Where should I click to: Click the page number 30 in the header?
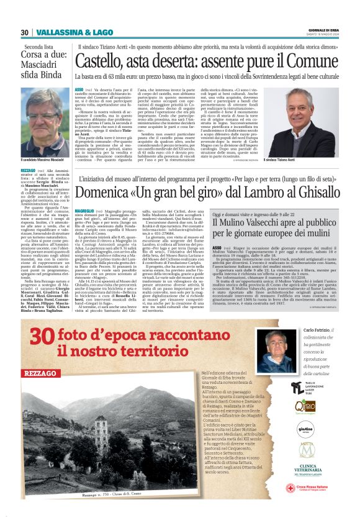[25, 32]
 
